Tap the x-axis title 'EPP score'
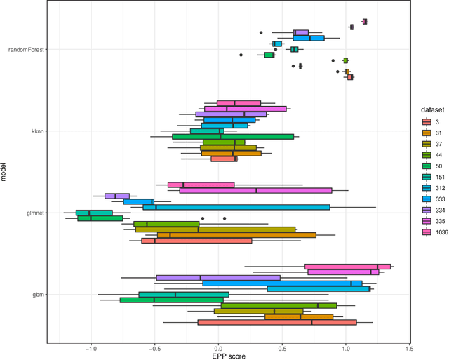click(x=227, y=355)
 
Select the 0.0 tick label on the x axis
click(x=218, y=347)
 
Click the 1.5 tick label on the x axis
click(x=409, y=347)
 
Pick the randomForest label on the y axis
click(x=26, y=49)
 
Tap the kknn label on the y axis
click(x=36, y=131)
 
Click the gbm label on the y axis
click(x=37, y=295)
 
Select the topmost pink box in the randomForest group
click(x=364, y=21)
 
